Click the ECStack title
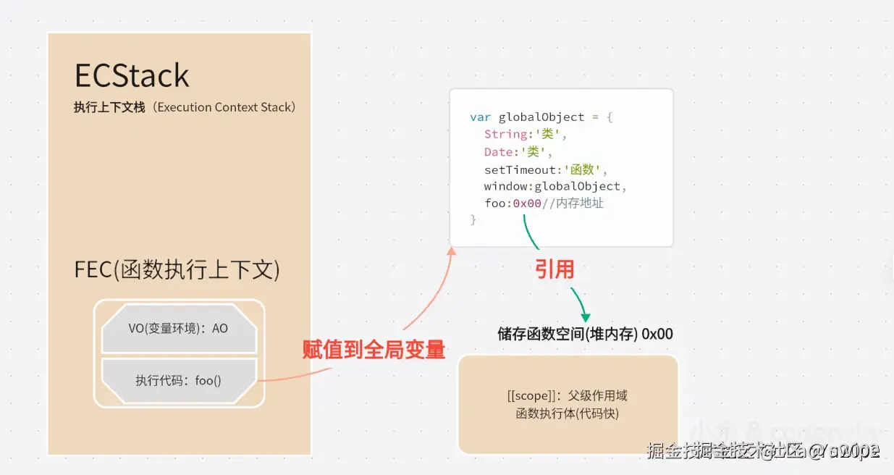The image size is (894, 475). click(x=132, y=75)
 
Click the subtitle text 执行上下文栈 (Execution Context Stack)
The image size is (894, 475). click(x=185, y=107)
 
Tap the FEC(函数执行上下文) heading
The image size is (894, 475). click(x=177, y=269)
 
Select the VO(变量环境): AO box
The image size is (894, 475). click(x=179, y=328)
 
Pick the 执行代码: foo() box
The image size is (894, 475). click(x=179, y=380)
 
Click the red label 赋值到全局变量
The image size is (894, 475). click(x=374, y=350)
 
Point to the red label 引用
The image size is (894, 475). click(x=554, y=269)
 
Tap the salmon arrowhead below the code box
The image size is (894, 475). click(x=452, y=251)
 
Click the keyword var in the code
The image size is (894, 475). click(x=480, y=117)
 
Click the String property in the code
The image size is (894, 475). click(x=506, y=134)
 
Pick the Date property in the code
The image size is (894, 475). click(x=499, y=151)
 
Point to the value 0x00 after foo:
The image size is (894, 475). click(x=527, y=203)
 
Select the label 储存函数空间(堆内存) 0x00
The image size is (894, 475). click(x=585, y=334)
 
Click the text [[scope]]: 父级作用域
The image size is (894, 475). click(x=568, y=396)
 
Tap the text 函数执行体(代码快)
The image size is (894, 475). click(x=568, y=413)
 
